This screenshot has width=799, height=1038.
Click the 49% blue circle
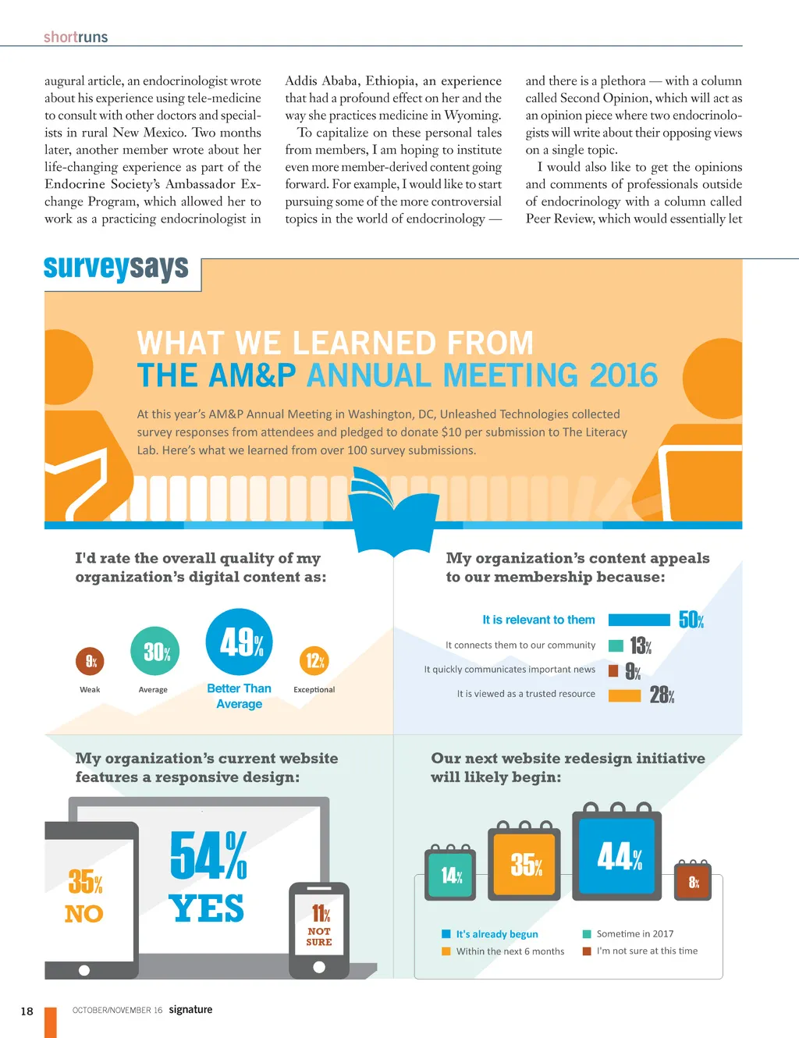coord(239,642)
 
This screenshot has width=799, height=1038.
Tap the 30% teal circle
coord(155,651)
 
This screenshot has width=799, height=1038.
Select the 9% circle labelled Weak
coord(91,662)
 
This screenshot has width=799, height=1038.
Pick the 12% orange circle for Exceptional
coord(314,661)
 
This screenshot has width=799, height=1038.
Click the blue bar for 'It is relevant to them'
coord(639,620)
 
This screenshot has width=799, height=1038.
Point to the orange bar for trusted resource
coord(624,695)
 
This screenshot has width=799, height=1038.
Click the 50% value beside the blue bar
coord(691,620)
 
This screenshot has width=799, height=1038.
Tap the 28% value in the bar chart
coord(662,695)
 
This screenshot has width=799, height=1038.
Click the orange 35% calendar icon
coord(524,864)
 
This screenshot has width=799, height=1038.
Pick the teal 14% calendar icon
coord(451,874)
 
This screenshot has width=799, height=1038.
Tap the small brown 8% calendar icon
coord(693,882)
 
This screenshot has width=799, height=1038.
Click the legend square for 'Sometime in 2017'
coord(587,934)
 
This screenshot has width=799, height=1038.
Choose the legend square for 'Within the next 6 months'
coord(446,951)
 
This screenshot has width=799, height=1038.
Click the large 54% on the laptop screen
coord(208,855)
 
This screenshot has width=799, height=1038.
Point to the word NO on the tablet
coord(84,914)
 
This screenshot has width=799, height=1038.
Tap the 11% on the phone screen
coord(320,913)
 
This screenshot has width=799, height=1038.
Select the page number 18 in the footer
coord(27,1011)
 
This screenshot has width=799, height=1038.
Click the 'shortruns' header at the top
coord(76,37)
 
